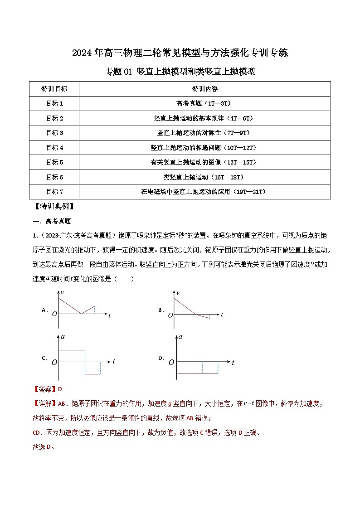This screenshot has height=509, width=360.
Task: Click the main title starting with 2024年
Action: (180, 53)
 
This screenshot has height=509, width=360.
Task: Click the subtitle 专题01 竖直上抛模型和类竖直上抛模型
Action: (180, 72)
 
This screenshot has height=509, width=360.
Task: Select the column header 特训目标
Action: (54, 89)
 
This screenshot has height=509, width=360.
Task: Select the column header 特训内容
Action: (204, 89)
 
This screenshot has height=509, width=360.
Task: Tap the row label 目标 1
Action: (54, 104)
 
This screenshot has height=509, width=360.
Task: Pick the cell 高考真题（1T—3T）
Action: (204, 104)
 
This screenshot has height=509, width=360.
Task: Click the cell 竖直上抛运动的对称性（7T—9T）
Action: (204, 133)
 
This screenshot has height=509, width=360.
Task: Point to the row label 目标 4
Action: (54, 148)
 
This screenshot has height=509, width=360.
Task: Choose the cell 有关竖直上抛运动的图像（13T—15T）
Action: (204, 162)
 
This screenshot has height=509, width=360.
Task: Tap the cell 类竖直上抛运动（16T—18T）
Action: (204, 177)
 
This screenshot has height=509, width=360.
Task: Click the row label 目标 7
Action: (54, 192)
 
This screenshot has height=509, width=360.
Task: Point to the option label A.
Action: (45, 310)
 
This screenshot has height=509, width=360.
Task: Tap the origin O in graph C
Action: (54, 363)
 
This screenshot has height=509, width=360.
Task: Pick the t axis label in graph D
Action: (233, 363)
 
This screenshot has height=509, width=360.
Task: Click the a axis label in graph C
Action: (63, 337)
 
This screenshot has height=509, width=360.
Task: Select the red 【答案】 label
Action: (44, 389)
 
